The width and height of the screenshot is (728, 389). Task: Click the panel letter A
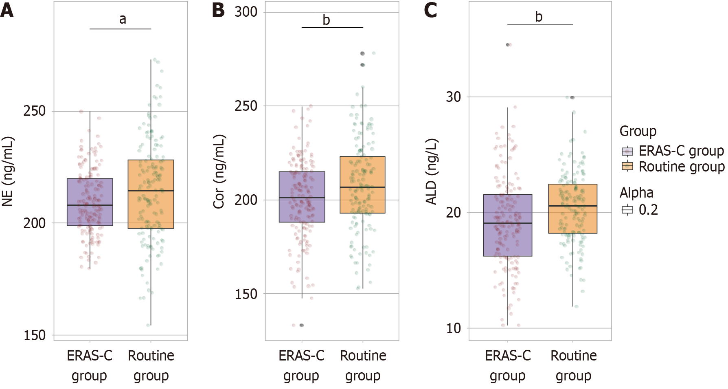coord(7,11)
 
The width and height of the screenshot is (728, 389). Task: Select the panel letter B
coord(218,11)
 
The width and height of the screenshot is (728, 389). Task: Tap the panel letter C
coord(430,11)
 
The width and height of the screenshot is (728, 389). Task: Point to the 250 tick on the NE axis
coord(35,111)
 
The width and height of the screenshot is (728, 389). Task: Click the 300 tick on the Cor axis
coord(246,12)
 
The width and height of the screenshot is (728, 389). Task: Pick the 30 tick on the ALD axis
coord(453,97)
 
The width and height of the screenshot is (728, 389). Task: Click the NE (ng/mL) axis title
coord(8,171)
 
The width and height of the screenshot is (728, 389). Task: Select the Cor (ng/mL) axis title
coord(219,171)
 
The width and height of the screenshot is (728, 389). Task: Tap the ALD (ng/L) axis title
coord(431,171)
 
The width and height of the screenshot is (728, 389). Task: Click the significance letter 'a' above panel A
coord(123,19)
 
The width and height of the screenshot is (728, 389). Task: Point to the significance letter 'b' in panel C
coord(539,17)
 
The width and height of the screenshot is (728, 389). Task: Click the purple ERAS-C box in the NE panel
coord(90,191)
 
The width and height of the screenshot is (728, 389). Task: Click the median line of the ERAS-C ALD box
coord(508,223)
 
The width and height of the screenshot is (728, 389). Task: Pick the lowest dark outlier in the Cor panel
coord(302,325)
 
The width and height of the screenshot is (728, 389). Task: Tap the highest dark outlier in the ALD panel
coord(508,45)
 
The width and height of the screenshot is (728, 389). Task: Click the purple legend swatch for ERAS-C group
coord(627,151)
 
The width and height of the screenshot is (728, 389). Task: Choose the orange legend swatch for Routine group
coord(627,167)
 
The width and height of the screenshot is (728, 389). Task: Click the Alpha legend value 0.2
coord(648,210)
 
